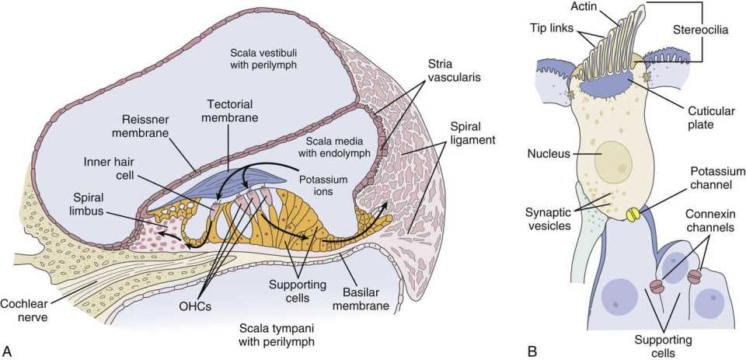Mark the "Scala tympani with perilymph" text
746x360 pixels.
(x=277, y=335)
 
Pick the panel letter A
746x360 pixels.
(x=8, y=352)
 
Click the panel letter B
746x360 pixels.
(x=532, y=352)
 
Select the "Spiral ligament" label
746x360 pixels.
(x=472, y=135)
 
